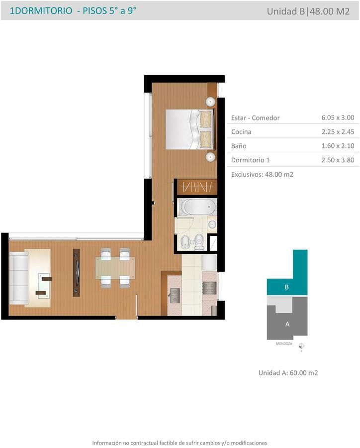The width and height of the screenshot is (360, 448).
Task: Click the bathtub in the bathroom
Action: click(x=197, y=207)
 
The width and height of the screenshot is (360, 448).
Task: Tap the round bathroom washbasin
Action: click(x=212, y=224)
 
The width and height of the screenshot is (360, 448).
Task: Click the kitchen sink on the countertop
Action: click(x=174, y=295)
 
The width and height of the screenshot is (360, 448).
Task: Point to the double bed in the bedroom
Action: click(x=189, y=129)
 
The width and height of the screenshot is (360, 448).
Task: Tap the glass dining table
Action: click(x=115, y=268)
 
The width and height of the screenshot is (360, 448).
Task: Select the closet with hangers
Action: click(x=197, y=187)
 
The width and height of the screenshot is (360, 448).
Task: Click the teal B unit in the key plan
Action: click(x=287, y=287)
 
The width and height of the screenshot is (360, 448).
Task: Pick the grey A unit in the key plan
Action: click(x=287, y=324)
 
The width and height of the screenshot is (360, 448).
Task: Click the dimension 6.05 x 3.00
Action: click(x=338, y=117)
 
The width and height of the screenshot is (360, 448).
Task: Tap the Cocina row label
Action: click(x=241, y=132)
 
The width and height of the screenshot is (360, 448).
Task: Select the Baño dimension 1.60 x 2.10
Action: click(x=338, y=146)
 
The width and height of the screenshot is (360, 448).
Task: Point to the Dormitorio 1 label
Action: click(x=251, y=160)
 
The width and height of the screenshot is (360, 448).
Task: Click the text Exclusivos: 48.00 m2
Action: click(x=262, y=174)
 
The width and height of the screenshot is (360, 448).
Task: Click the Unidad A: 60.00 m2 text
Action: click(x=288, y=373)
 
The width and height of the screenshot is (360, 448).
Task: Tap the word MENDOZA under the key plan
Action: click(x=284, y=343)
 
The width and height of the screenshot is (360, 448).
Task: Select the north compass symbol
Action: click(x=301, y=346)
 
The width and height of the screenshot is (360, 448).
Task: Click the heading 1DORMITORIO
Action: click(x=41, y=11)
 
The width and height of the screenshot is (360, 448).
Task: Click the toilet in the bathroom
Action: click(x=199, y=242)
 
